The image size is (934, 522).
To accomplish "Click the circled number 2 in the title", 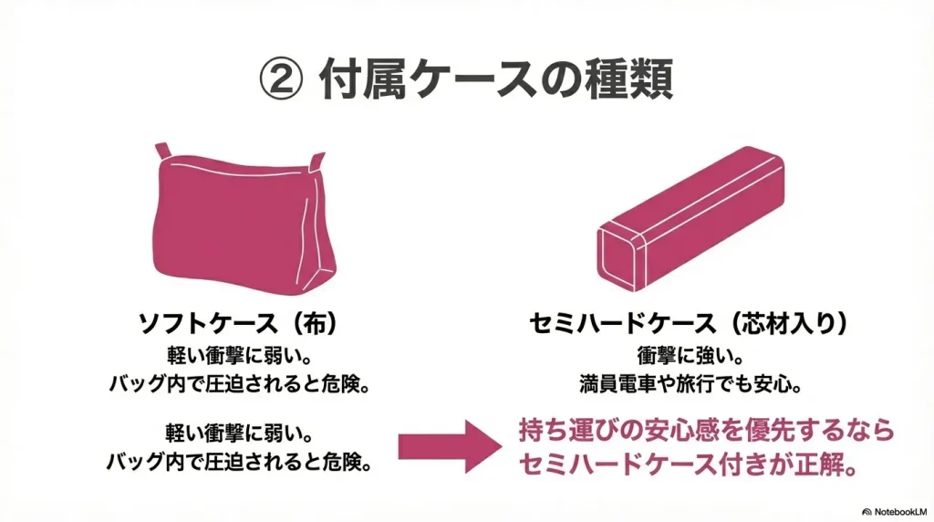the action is click(281, 79).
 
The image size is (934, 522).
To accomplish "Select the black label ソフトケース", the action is click(208, 324).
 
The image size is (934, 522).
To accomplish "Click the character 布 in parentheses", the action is click(314, 324).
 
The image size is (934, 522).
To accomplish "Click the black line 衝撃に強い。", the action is click(690, 356).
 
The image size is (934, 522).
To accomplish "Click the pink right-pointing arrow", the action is click(450, 447).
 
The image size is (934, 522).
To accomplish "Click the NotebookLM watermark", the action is click(895, 512).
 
